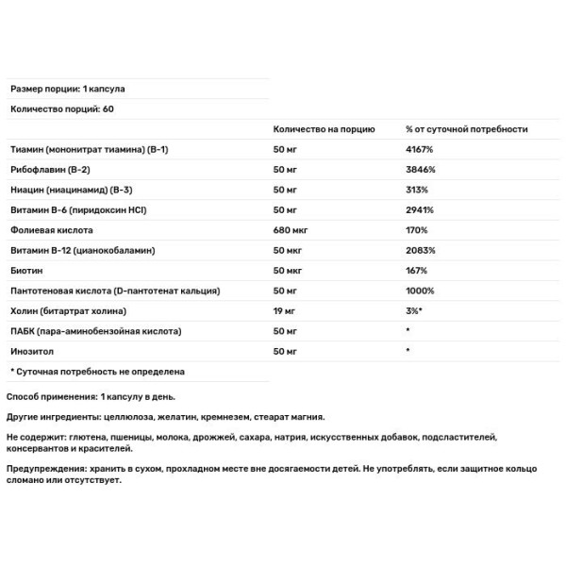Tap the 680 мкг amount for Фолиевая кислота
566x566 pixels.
coord(292,230)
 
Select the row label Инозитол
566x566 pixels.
coord(33,351)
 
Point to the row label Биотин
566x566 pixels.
coord(27,271)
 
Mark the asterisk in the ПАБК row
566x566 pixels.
coord(408,331)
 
